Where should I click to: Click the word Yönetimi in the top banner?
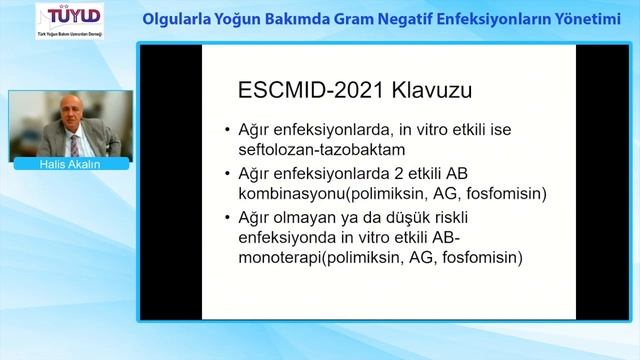click(x=586, y=18)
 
